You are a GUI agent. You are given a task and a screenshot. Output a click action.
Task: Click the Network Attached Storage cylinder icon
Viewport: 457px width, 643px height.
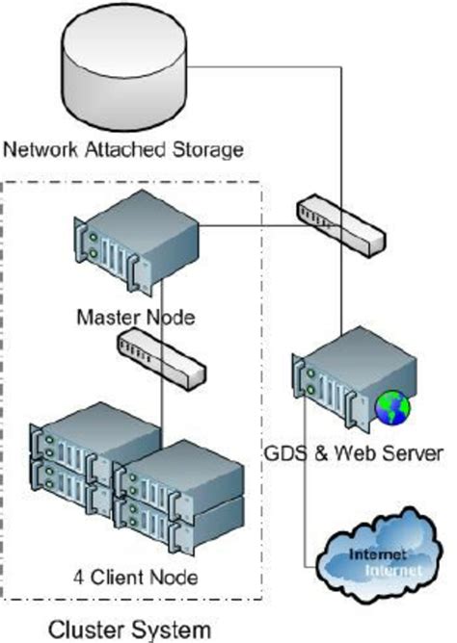coord(122,67)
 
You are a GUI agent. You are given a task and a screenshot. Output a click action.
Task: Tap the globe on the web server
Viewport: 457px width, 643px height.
coord(394,406)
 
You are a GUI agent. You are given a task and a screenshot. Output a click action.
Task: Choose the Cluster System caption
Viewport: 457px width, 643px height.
coord(129,630)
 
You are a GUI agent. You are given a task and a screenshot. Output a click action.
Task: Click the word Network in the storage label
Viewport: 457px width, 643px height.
coord(40,149)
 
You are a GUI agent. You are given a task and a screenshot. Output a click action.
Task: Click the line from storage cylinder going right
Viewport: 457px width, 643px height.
coord(270,65)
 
